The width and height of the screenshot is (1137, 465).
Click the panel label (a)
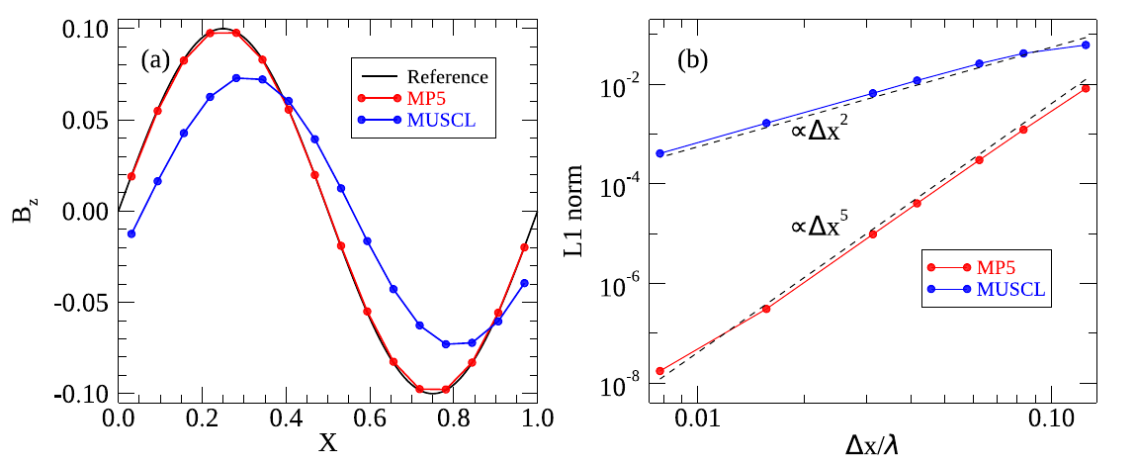[156, 60]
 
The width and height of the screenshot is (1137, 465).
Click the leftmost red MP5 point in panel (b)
[659, 371]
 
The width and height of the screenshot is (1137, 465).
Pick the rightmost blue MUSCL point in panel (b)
[1086, 45]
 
